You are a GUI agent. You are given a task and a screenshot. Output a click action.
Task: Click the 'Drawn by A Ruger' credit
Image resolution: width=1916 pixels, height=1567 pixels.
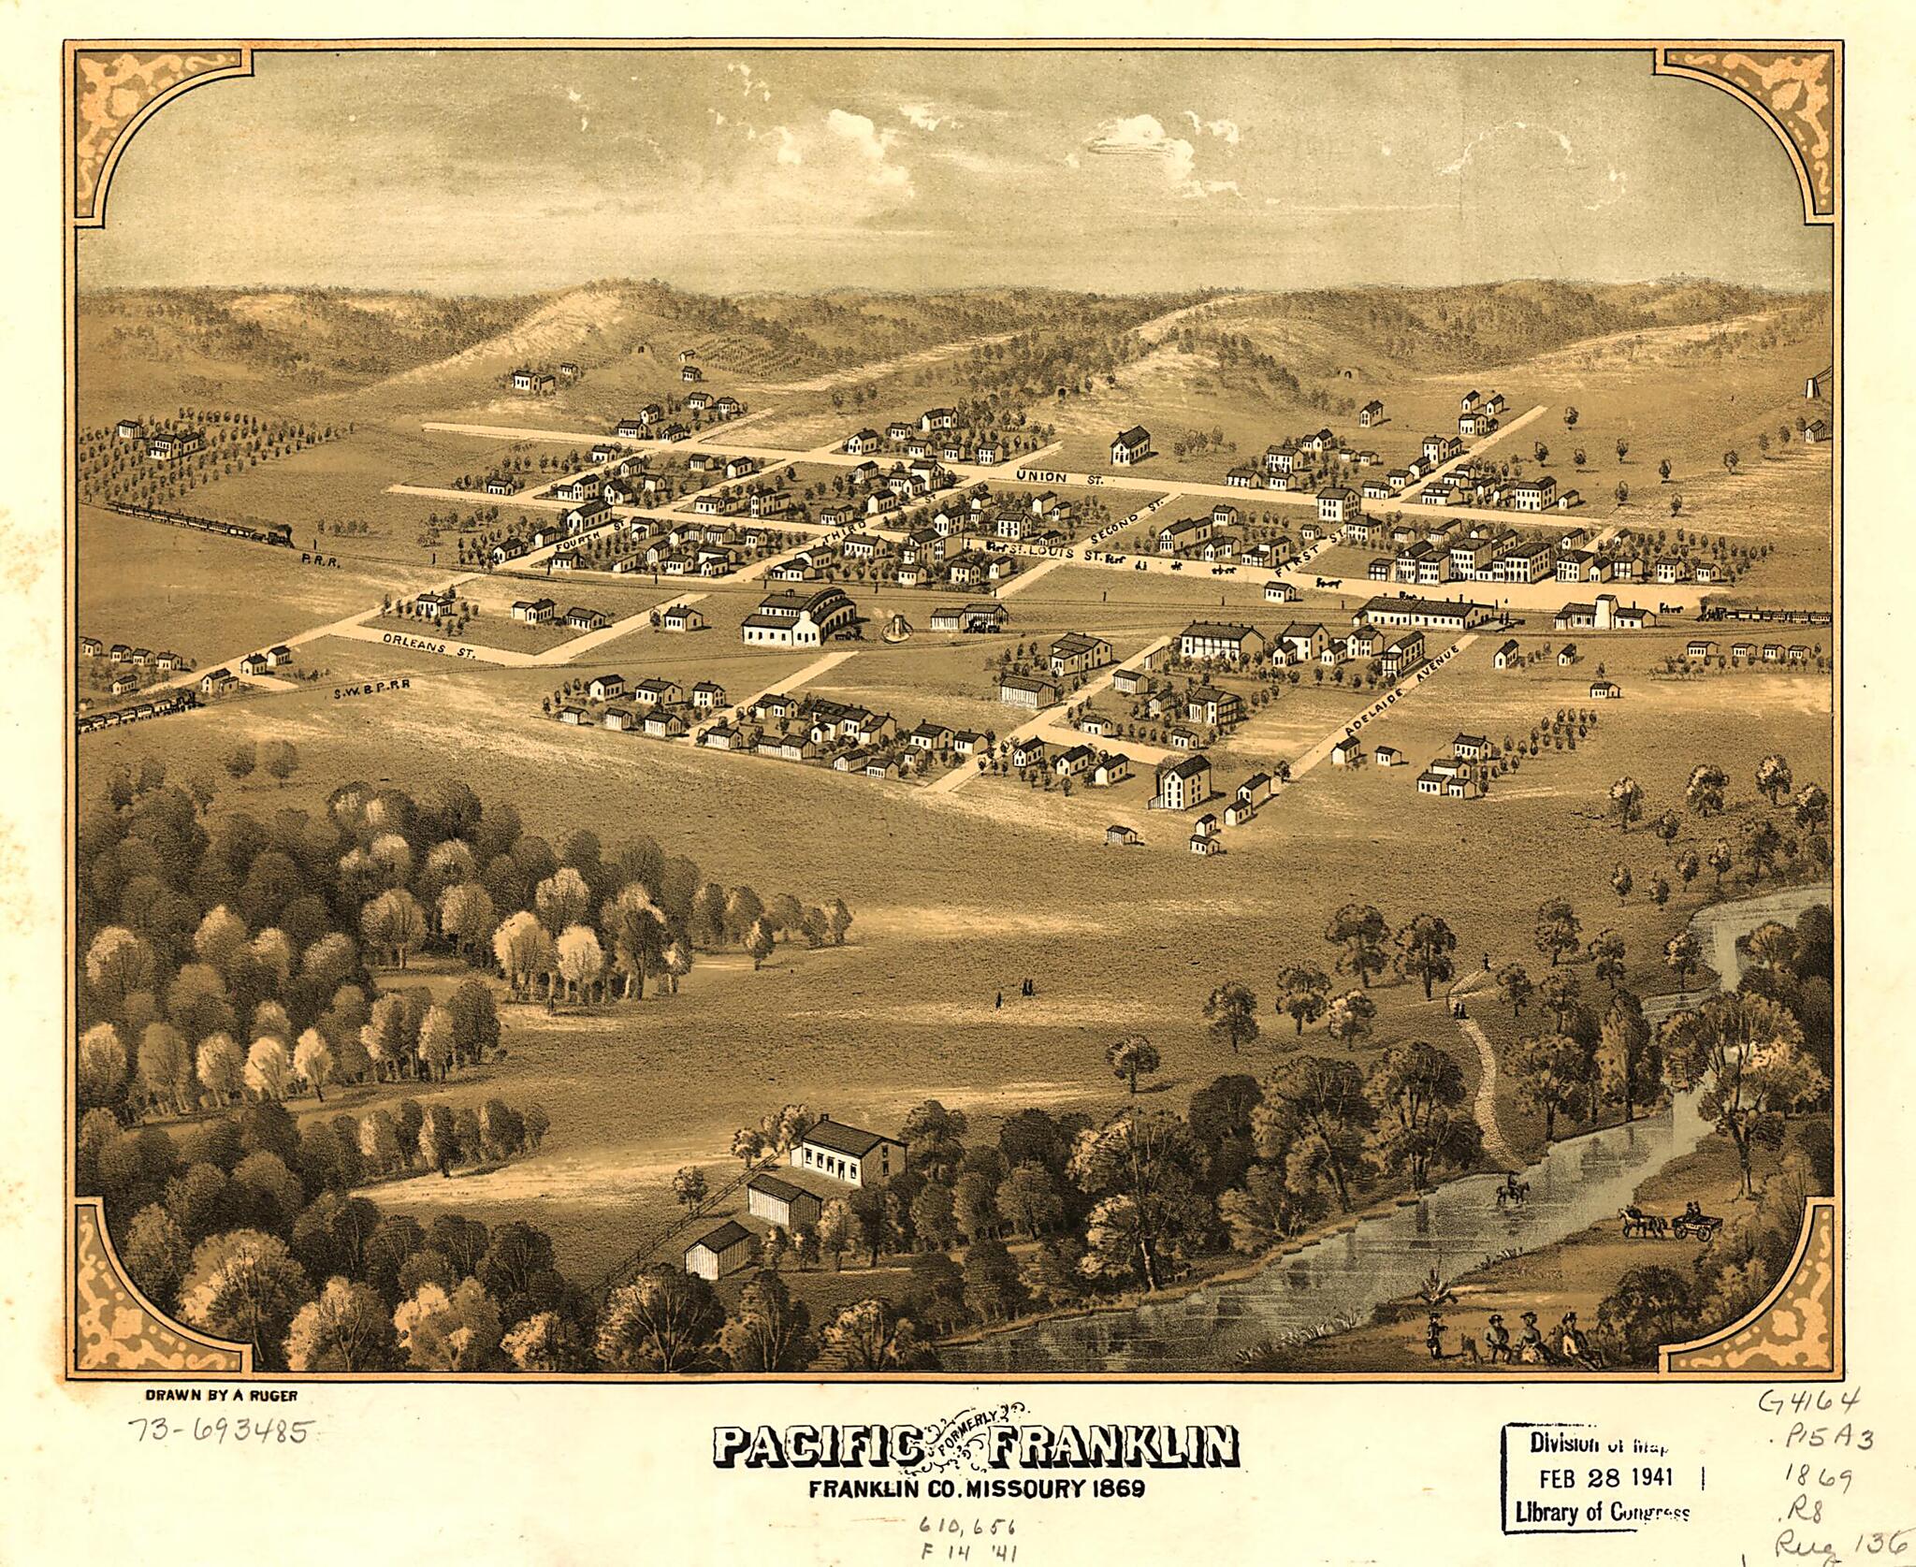coord(221,1395)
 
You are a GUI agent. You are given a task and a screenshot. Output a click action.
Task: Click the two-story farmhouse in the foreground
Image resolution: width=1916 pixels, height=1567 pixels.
coord(848,1154)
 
